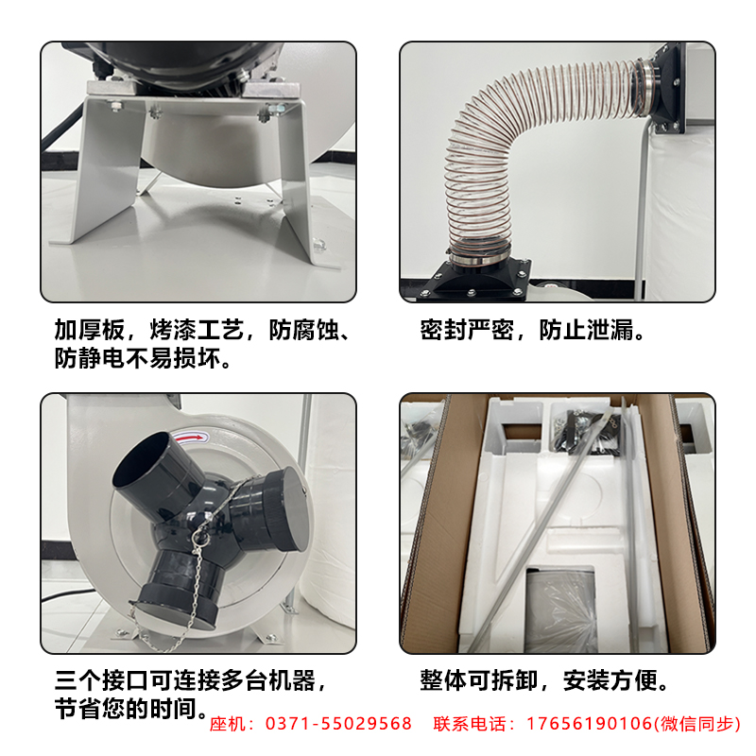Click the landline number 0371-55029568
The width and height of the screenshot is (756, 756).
pos(338,724)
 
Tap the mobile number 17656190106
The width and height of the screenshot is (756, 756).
pos(589,724)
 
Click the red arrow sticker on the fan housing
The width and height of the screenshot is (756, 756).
pos(190,438)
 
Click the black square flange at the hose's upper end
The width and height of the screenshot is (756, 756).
pos(665,89)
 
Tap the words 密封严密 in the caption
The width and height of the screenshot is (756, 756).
pos(467,330)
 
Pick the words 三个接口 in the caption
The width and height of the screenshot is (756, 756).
pos(102,680)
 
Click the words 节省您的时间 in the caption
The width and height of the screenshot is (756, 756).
pos(126,709)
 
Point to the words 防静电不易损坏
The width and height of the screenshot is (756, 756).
pos(137,358)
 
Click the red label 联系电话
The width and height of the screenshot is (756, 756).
pos(470,724)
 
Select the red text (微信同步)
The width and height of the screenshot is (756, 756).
pos(696,724)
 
